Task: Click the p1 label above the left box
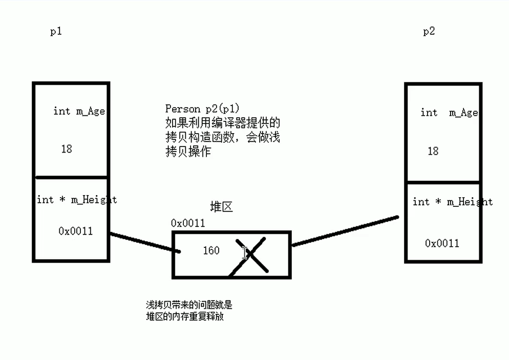coord(56,32)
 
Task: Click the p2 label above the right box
coord(429,32)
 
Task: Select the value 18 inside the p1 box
coord(67,149)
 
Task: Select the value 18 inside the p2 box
coord(433,151)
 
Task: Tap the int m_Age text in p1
coord(79,111)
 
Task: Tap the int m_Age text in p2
coord(449,113)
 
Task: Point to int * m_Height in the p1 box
coord(77,200)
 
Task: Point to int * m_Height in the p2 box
coord(453,202)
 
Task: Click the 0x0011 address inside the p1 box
coord(76,231)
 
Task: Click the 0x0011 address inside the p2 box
coord(442,243)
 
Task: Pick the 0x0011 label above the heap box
coord(188,223)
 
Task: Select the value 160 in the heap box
coord(211,250)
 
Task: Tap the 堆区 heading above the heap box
coord(221,207)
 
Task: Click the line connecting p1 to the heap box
coord(144,243)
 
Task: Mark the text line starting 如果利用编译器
coord(223,123)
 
